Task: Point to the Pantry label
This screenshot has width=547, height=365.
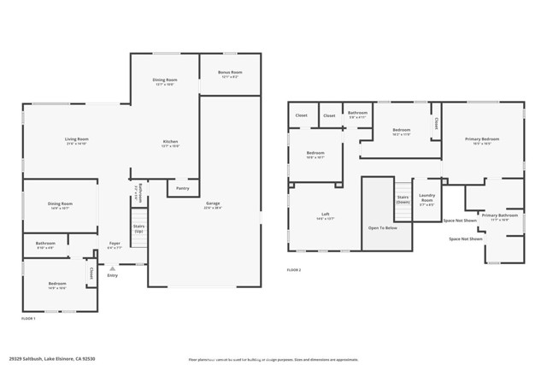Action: pyautogui.click(x=182, y=188)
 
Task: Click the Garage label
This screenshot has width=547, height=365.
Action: pyautogui.click(x=212, y=205)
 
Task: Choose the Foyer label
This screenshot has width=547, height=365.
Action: pyautogui.click(x=114, y=244)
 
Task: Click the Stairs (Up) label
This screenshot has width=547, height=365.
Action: pyautogui.click(x=138, y=229)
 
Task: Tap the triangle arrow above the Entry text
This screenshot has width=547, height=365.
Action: pyautogui.click(x=112, y=268)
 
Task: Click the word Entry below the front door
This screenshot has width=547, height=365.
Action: pyautogui.click(x=112, y=275)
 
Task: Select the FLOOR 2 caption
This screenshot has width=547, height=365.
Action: pyautogui.click(x=294, y=270)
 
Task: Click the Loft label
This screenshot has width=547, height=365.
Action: pyautogui.click(x=326, y=217)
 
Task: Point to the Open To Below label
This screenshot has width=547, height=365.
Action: pyautogui.click(x=382, y=228)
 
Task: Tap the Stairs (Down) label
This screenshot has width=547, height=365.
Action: pyautogui.click(x=403, y=199)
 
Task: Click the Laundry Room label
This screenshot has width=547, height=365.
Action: pyautogui.click(x=426, y=202)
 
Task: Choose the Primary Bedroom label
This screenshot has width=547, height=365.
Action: pyautogui.click(x=482, y=140)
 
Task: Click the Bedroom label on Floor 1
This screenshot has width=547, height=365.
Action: pyautogui.click(x=57, y=284)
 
